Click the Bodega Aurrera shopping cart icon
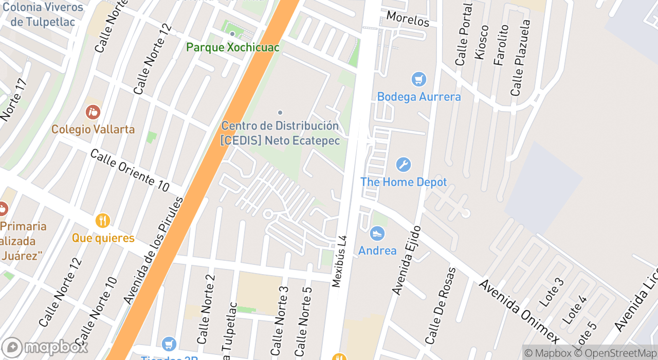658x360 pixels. click(419, 79)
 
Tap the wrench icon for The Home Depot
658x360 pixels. click(404, 165)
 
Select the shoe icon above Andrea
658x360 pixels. click(377, 233)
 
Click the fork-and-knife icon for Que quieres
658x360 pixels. click(103, 221)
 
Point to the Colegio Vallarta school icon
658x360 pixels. click(93, 112)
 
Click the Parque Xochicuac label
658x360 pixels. click(232, 47)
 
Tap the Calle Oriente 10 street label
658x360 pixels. click(130, 170)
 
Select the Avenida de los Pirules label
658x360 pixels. click(154, 250)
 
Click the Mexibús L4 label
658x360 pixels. click(340, 261)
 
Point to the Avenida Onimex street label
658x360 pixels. click(519, 312)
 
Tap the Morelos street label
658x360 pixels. click(408, 19)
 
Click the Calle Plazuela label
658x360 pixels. click(520, 58)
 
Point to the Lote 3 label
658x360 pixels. click(551, 292)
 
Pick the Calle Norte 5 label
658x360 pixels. click(303, 321)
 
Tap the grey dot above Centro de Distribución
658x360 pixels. click(280, 113)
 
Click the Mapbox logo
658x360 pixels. click(45, 347)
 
